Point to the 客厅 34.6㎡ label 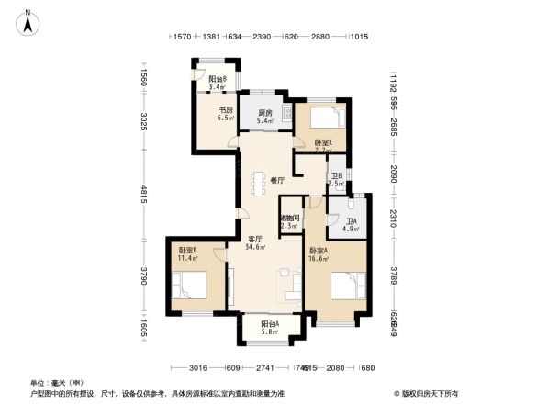[x=256, y=243]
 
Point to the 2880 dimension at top [x=319, y=38]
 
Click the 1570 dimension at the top [x=180, y=38]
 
